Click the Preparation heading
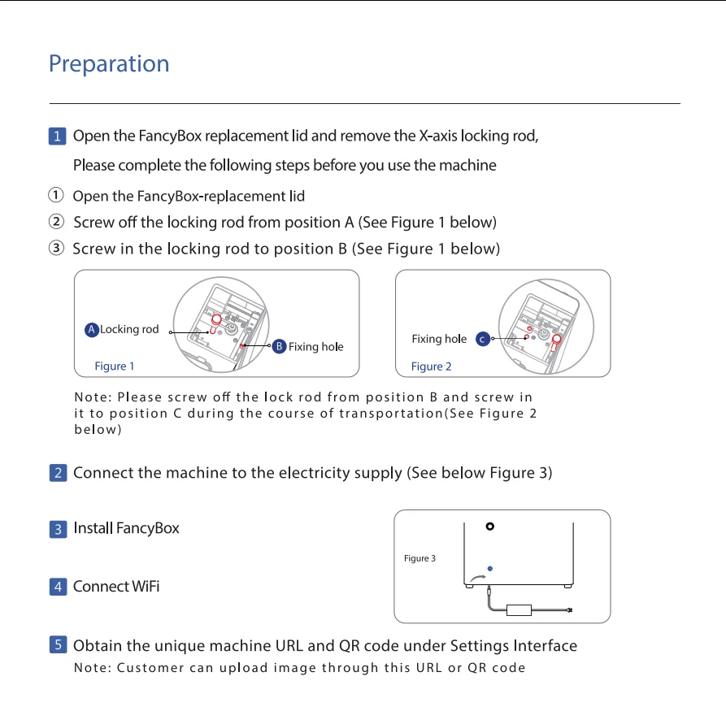[109, 64]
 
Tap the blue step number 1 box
[58, 136]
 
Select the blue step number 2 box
[58, 473]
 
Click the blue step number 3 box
[58, 529]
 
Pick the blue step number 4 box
[58, 587]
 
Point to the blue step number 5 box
[58, 646]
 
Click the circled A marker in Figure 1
[92, 330]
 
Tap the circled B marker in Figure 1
[279, 347]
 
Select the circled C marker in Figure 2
[482, 339]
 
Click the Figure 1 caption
[115, 366]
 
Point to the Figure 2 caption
[432, 366]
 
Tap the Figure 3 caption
[420, 558]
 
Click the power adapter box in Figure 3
[519, 609]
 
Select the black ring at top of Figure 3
[489, 526]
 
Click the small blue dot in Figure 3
[489, 568]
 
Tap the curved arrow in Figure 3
[479, 579]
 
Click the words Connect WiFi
[116, 587]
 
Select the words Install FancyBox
[126, 528]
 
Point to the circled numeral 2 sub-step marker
[56, 222]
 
